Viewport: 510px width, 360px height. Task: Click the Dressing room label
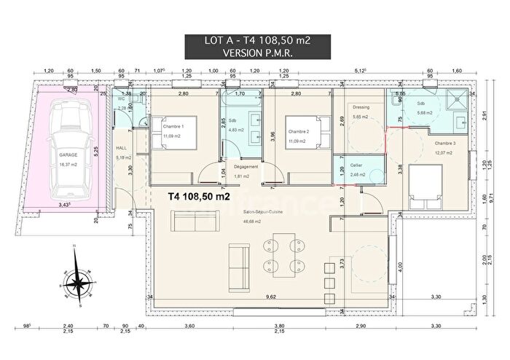(361, 107)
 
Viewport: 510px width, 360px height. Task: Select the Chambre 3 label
(445, 144)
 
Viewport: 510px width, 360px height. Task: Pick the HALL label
(122, 148)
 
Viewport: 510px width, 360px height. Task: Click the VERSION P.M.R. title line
(254, 54)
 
